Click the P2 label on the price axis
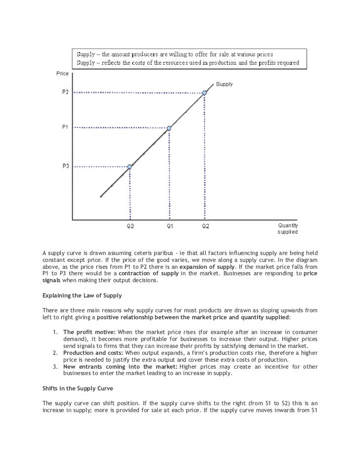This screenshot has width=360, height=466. (65, 92)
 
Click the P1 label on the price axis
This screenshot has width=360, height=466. (65, 127)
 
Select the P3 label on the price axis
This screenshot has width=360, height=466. (65, 167)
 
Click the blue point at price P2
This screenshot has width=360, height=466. (204, 92)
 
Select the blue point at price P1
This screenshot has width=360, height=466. (169, 128)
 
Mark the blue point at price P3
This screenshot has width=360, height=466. (130, 167)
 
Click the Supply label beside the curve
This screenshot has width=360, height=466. (224, 85)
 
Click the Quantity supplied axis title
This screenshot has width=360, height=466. (287, 228)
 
